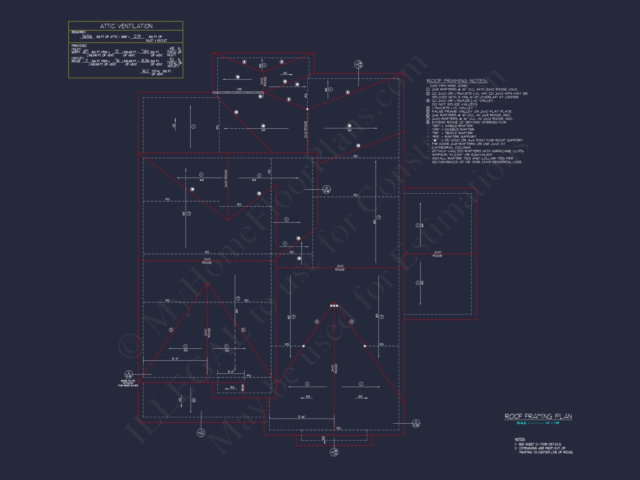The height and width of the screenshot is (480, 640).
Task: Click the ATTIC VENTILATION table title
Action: (x=126, y=26)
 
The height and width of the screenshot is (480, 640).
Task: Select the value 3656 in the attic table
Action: (x=87, y=36)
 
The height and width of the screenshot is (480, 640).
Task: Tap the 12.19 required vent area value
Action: (x=137, y=36)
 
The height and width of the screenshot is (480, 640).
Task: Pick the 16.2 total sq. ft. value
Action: (x=145, y=71)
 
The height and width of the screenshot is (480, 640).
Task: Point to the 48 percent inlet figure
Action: (x=172, y=48)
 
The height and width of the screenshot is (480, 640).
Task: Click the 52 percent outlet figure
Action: (x=172, y=59)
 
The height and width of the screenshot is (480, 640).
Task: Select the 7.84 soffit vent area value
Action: (x=145, y=51)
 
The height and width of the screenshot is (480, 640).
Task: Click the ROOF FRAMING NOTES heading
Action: (x=457, y=81)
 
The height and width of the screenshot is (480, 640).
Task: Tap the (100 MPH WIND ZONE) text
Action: (x=449, y=86)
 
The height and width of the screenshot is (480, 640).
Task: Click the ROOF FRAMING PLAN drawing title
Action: (x=538, y=416)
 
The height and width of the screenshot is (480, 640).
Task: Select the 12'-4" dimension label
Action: (x=175, y=359)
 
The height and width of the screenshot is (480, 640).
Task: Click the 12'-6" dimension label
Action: (x=302, y=417)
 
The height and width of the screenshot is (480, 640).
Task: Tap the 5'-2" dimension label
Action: (x=231, y=372)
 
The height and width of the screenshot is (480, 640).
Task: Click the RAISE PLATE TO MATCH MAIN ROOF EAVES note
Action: (x=128, y=383)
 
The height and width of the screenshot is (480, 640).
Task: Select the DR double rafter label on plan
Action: (x=239, y=89)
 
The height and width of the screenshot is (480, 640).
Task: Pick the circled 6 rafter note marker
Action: (x=194, y=401)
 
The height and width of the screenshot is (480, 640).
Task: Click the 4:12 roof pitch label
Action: (x=180, y=400)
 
